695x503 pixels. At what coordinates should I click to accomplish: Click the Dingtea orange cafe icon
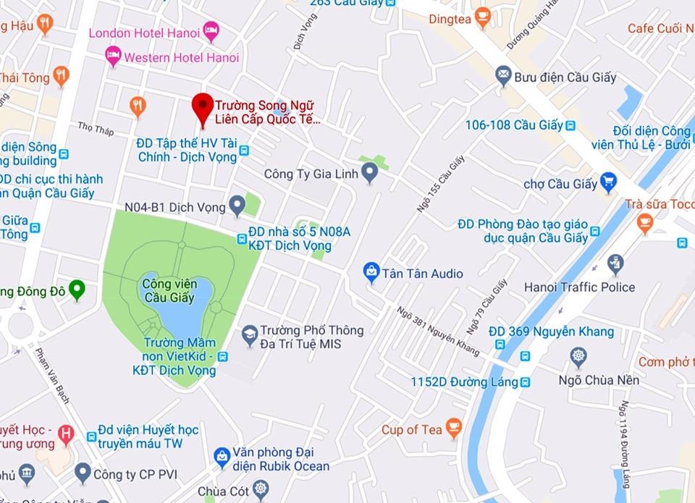coord(483,17)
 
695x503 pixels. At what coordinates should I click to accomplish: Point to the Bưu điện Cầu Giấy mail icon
coord(503,75)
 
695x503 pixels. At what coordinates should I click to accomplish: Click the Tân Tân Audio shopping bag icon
coord(371,272)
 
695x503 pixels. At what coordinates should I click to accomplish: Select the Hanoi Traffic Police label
coord(579,287)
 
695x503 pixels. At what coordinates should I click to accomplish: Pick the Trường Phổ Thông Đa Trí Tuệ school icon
coord(250,335)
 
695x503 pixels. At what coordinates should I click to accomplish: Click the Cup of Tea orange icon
coord(453,428)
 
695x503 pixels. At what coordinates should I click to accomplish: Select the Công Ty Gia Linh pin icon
coord(370,173)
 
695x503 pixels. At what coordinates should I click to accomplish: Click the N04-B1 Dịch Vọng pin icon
coord(237,206)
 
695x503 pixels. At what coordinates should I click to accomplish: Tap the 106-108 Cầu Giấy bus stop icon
coord(570,125)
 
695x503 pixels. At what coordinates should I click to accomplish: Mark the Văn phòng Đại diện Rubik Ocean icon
coord(222,457)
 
